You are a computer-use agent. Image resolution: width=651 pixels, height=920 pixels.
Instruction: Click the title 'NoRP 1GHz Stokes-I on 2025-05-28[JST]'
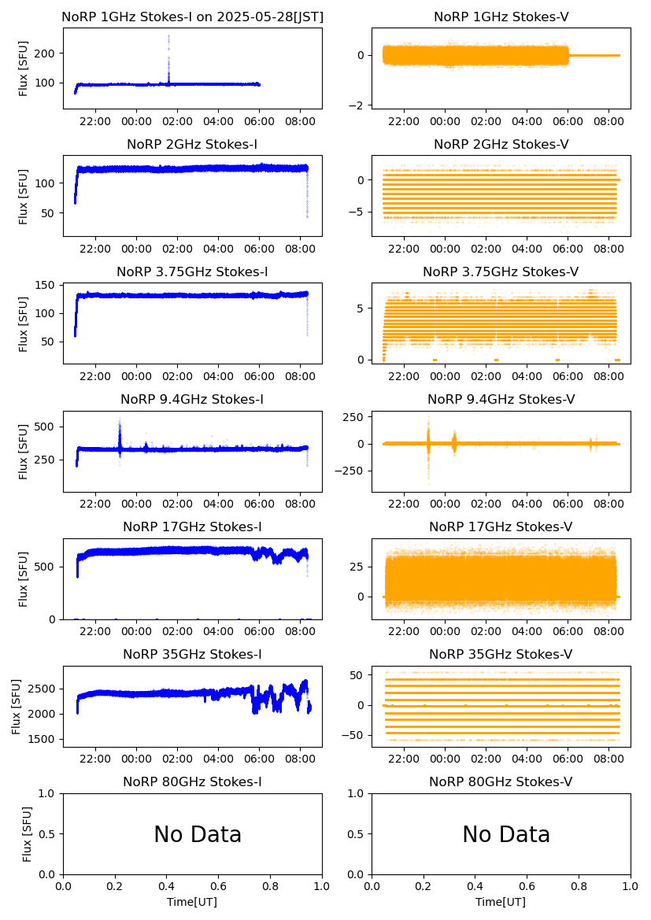[x=192, y=17]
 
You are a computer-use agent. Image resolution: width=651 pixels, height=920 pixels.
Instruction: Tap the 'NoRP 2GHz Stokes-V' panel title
[x=501, y=144]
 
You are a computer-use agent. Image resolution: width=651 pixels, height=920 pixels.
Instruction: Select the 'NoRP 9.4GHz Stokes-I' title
[x=192, y=399]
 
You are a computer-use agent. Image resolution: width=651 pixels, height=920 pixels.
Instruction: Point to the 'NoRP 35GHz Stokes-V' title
[x=501, y=654]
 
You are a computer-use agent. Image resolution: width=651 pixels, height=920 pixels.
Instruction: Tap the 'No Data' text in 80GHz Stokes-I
[x=198, y=834]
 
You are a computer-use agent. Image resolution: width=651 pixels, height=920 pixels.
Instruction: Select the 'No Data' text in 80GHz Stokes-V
[x=506, y=834]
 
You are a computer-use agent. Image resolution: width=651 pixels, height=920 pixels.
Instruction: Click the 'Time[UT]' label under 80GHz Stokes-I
[x=192, y=901]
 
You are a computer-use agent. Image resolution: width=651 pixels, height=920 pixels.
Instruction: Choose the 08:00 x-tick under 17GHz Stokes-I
[x=301, y=631]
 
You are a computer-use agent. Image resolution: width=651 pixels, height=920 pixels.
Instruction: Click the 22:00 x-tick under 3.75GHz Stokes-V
[x=404, y=376]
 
